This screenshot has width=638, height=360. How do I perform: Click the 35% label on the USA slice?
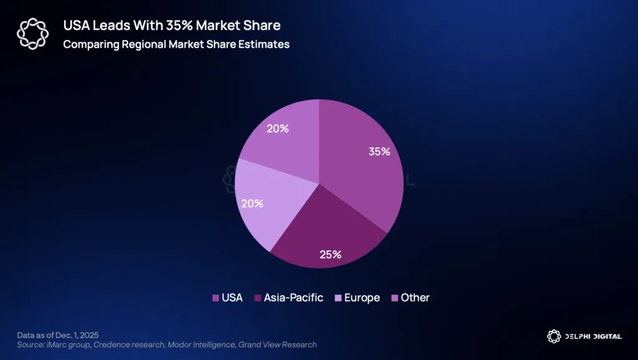tap(378, 151)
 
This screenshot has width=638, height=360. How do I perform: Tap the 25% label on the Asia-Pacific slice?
tap(330, 254)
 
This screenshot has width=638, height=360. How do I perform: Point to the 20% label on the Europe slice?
tap(253, 203)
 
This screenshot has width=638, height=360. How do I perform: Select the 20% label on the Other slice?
tap(278, 129)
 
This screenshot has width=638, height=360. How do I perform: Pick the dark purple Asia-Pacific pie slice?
tap(324, 230)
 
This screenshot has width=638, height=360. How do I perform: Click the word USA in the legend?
tap(232, 298)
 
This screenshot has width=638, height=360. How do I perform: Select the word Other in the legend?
tap(415, 298)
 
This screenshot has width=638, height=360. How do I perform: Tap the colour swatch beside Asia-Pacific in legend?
tap(257, 298)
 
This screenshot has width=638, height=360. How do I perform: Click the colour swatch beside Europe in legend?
tap(338, 298)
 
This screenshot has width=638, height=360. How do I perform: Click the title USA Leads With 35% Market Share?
tap(171, 26)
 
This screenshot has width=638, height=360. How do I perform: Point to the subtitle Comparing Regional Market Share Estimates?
tap(176, 45)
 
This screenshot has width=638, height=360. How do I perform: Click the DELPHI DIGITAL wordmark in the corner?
tap(593, 336)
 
